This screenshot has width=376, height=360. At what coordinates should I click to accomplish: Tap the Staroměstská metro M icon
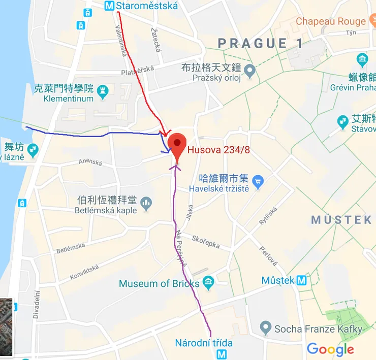click(109, 6)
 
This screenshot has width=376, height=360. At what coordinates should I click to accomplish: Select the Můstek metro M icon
click(302, 280)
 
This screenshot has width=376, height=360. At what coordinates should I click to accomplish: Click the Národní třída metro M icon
click(222, 354)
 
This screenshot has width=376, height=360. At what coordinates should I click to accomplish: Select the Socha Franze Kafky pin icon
click(264, 329)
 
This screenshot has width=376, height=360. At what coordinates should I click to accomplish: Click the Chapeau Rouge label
click(331, 21)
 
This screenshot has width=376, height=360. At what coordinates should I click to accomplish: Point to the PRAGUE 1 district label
click(261, 44)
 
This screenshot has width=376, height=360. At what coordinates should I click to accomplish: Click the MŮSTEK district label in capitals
click(341, 220)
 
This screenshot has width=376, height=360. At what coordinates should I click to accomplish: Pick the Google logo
click(330, 349)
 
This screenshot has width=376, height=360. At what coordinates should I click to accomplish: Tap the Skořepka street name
click(206, 241)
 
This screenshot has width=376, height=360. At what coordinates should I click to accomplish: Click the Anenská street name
click(90, 162)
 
